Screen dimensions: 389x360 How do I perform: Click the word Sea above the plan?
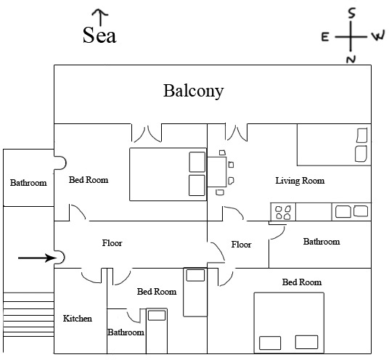point(99,35)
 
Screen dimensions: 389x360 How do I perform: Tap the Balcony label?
point(194,91)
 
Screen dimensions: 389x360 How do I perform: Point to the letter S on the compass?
point(352,13)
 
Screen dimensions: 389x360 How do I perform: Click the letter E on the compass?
point(325,37)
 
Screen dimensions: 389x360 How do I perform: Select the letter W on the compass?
point(378,36)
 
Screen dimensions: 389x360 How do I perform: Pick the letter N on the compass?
point(351,60)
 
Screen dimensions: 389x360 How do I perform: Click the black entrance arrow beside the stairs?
point(38,258)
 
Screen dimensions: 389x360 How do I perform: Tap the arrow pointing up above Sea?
point(100,17)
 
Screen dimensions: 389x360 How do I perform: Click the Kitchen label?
point(78,319)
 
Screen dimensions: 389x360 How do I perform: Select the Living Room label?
point(300,181)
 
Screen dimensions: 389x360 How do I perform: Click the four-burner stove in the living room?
point(283,212)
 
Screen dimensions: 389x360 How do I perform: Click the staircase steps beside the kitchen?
point(29,314)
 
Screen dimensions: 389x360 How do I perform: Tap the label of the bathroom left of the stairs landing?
point(28,183)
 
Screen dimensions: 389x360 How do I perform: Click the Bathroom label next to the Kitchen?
point(126,332)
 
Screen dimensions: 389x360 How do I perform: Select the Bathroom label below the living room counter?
point(322,242)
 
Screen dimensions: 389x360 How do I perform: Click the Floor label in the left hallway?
point(112,243)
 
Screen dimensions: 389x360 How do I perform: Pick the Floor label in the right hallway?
point(242,245)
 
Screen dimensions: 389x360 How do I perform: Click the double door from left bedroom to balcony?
point(147,134)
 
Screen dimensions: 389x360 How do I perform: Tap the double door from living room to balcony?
point(236,132)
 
